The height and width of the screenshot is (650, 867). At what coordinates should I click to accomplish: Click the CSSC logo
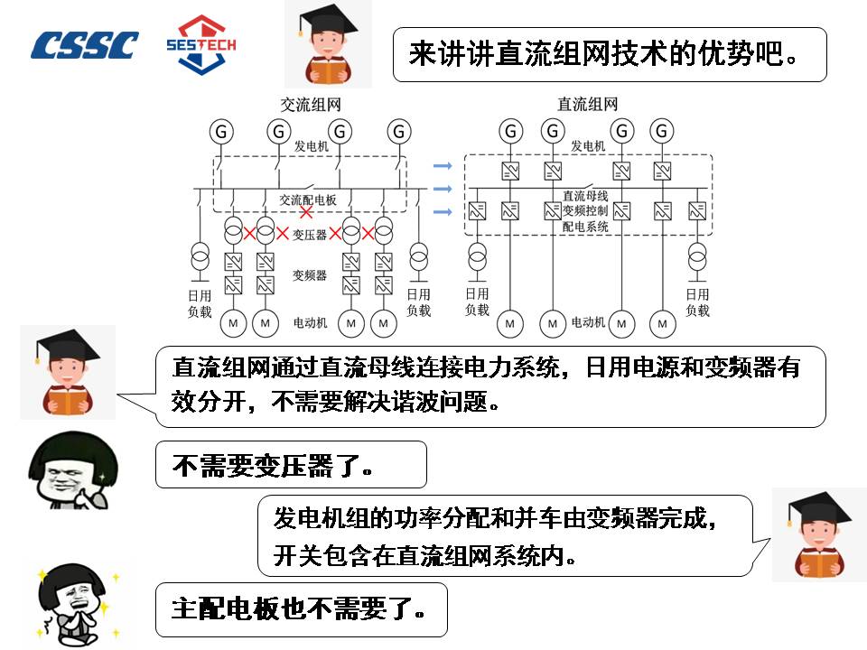tap(85, 45)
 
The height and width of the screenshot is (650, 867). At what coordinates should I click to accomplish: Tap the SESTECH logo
tap(201, 43)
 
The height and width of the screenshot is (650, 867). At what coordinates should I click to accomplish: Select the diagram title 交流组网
tap(311, 105)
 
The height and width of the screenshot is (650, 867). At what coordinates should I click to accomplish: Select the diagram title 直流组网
tap(588, 105)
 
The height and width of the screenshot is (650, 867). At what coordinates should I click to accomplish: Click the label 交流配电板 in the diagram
tap(308, 200)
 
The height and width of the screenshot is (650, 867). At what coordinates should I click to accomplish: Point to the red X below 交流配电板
tap(307, 213)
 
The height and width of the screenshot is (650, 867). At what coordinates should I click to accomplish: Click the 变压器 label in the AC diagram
tap(309, 234)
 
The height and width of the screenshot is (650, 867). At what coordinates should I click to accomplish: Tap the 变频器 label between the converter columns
tap(309, 274)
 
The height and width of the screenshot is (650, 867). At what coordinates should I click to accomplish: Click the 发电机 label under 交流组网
tap(312, 146)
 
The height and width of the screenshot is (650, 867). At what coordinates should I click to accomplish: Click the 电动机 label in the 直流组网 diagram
tap(588, 321)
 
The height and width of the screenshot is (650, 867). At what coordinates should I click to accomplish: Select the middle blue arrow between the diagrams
tap(442, 189)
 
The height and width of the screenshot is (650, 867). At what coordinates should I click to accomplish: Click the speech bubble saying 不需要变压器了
tap(290, 464)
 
